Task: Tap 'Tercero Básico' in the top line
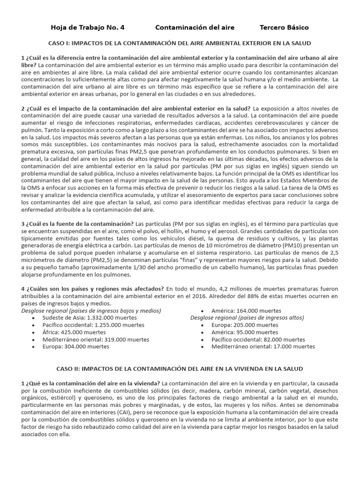coord(284,28)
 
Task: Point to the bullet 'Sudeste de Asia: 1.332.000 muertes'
coord(83,317)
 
